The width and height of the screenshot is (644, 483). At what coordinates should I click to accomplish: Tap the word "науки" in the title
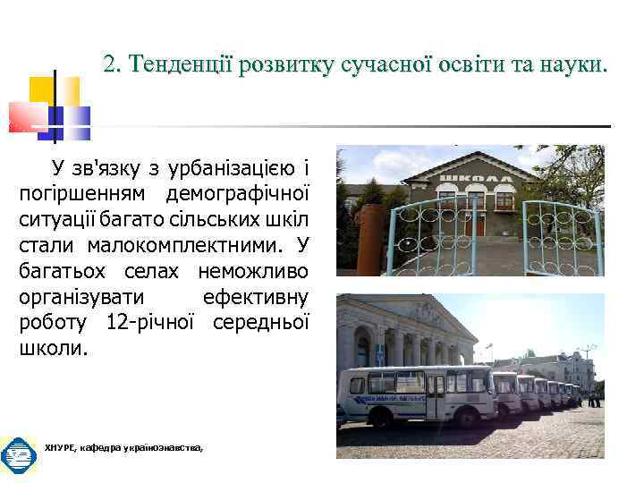[572, 64]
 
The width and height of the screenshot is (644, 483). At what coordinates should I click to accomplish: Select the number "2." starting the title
[112, 64]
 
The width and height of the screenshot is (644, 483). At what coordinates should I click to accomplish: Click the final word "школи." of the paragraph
[54, 348]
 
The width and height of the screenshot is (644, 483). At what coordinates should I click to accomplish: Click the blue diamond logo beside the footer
[18, 455]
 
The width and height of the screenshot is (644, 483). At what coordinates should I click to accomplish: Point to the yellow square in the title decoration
[43, 89]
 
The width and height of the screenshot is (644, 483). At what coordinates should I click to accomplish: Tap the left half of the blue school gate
[436, 238]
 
